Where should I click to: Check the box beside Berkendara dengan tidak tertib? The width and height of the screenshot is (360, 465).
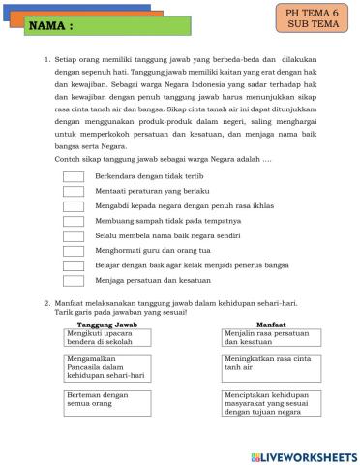pos(74,176)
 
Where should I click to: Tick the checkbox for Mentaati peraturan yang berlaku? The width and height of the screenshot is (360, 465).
pos(74,191)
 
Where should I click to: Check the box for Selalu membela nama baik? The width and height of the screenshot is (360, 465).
pos(74,235)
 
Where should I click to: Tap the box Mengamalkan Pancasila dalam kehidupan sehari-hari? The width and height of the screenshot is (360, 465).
pos(102,369)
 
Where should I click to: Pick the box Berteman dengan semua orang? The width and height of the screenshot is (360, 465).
pos(102,401)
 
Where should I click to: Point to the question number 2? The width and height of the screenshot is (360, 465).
pos(46,303)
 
